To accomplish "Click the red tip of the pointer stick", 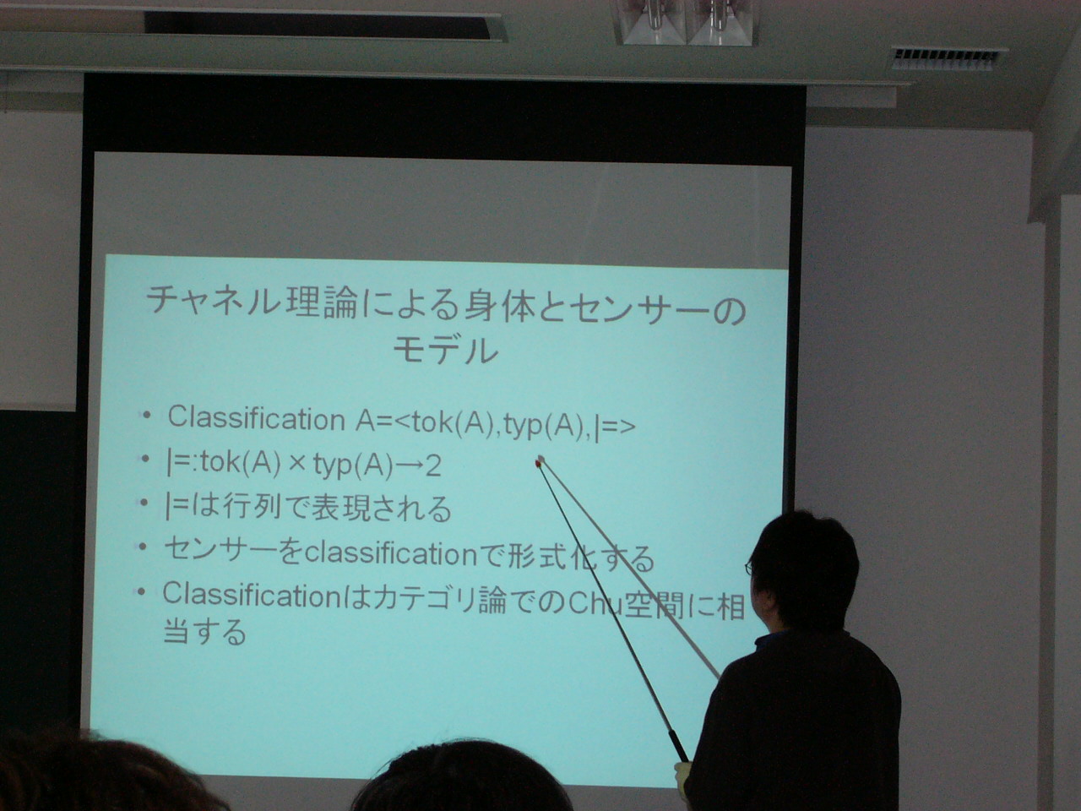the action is click(540, 461).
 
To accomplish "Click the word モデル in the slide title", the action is click(446, 351).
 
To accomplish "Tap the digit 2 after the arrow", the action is click(433, 465).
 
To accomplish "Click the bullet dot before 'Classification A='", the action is click(146, 416).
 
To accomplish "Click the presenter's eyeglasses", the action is click(750, 568).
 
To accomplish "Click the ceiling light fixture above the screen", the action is click(686, 22).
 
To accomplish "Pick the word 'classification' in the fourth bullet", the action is click(391, 554).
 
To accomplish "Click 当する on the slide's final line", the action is click(204, 632).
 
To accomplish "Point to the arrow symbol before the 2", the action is click(409, 465).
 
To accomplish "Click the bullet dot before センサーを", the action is click(143, 547).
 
